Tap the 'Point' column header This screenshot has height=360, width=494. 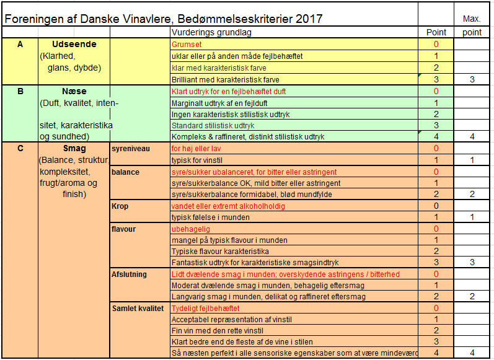pos(436,32)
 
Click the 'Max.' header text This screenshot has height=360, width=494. pos(472,19)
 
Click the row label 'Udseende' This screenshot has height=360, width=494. pos(73,45)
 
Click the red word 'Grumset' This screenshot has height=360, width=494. pos(187,45)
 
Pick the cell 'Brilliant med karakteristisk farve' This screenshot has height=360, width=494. pos(225,79)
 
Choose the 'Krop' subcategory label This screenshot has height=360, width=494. pos(120,206)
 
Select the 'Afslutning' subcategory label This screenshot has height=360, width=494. pos(129,274)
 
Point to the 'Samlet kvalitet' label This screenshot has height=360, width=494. pos(138,309)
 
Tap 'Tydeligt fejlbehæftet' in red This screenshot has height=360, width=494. pos(205,309)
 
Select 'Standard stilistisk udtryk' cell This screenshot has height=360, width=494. pos(213,125)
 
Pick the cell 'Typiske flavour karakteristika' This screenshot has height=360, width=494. pos(219,252)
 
